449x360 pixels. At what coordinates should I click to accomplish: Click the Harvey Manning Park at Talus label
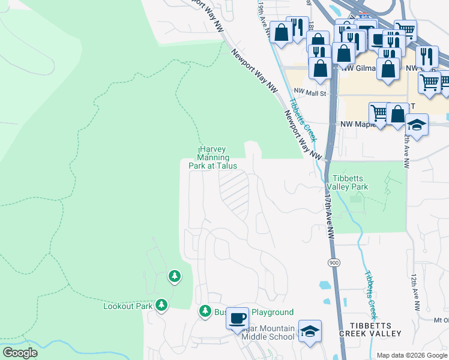[217, 157]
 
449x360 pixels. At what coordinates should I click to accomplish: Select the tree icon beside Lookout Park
[161, 305]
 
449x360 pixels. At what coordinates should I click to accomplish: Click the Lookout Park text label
[128, 306]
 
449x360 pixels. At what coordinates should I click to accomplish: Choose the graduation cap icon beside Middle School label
[310, 331]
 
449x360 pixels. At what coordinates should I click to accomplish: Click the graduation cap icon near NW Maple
[417, 125]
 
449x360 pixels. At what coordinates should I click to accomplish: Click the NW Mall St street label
[311, 94]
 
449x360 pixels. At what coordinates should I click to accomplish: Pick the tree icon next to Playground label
[205, 311]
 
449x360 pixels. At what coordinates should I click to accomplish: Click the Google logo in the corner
[19, 353]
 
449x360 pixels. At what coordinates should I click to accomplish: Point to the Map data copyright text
[411, 355]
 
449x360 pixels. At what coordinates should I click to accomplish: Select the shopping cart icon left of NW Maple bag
[379, 112]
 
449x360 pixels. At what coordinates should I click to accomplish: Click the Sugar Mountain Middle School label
[268, 333]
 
